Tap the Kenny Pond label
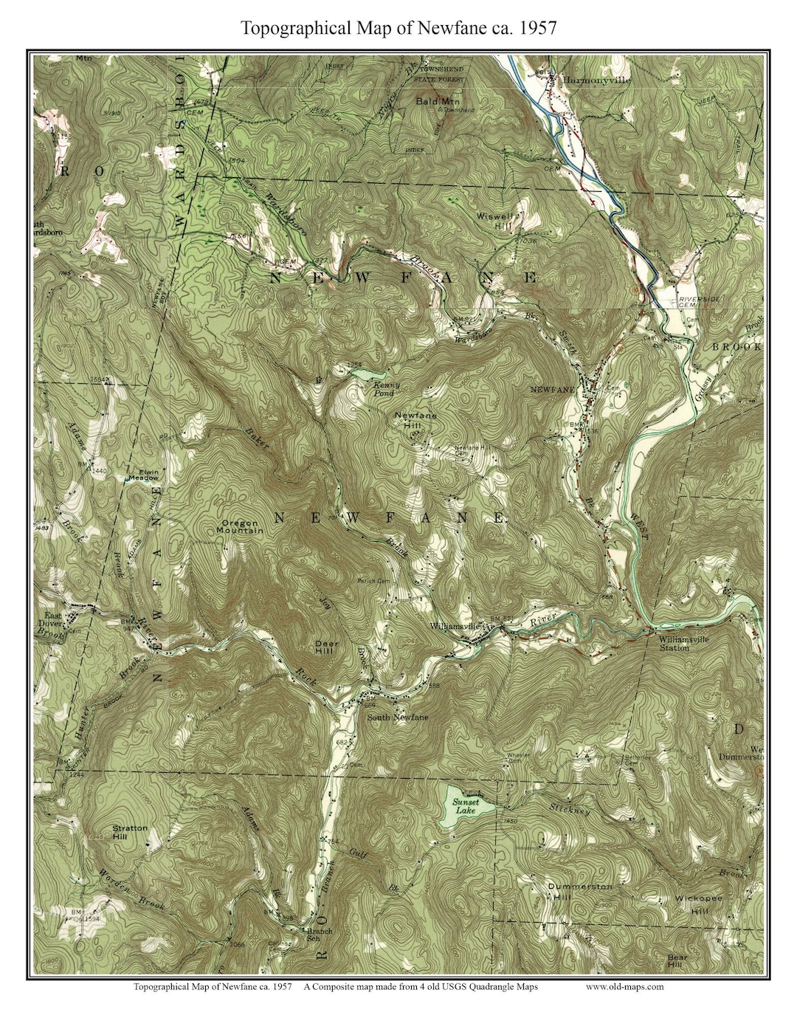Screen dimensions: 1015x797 [x=386, y=389]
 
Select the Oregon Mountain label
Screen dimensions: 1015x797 [x=241, y=527]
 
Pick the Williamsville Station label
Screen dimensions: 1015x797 [x=684, y=644]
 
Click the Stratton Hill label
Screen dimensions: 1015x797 [x=130, y=833]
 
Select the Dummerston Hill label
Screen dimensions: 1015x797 [x=579, y=891]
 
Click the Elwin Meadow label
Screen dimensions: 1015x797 [x=144, y=475]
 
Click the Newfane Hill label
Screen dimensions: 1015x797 [x=415, y=419]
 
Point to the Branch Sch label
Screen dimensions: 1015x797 [x=320, y=935]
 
